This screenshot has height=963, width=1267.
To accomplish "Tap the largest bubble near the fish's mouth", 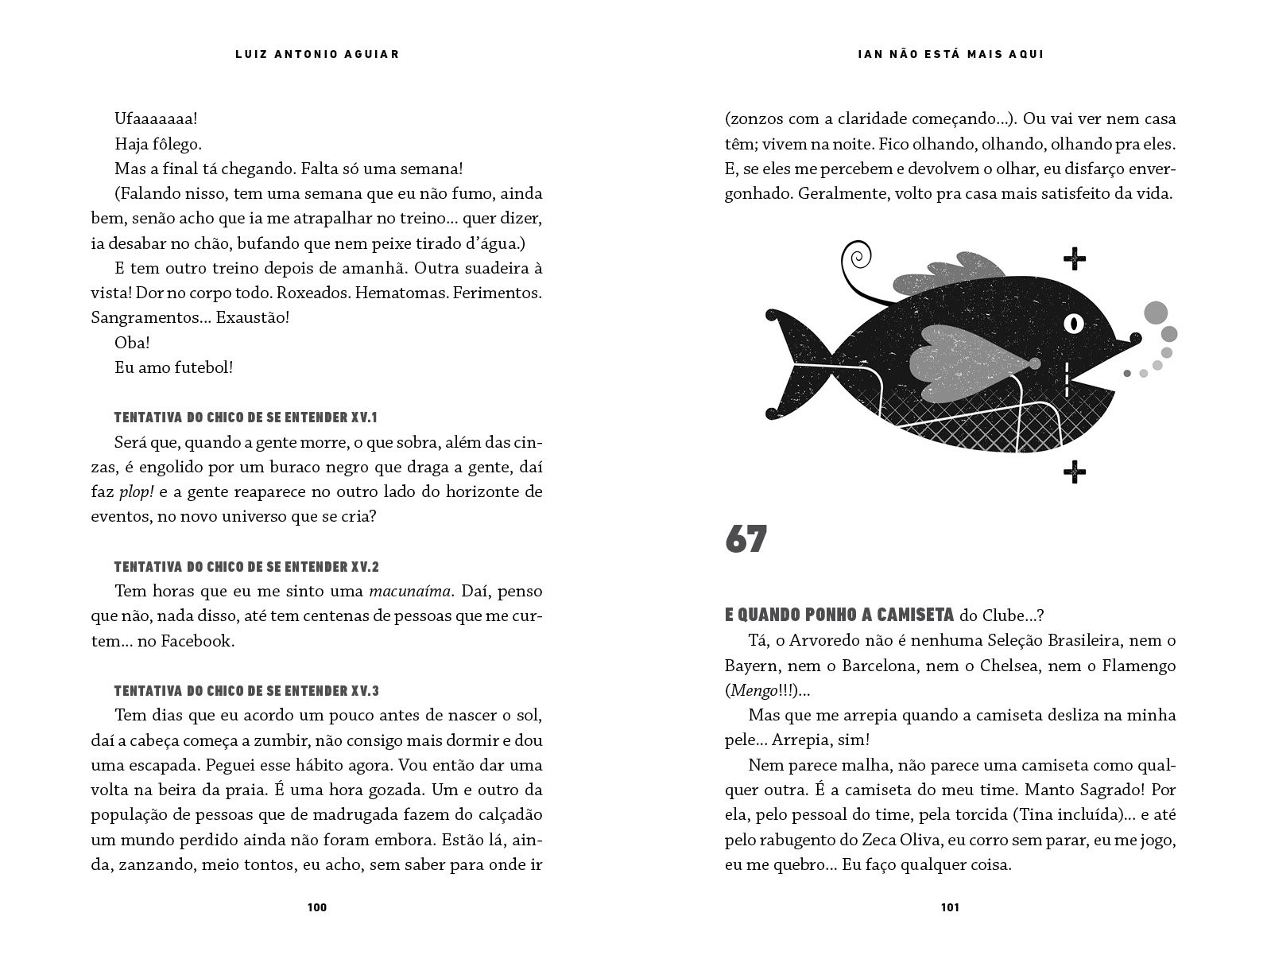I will [x=1156, y=313].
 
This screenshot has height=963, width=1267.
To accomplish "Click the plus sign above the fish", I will [x=1074, y=258].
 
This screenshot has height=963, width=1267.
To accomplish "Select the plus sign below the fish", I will [x=1074, y=472].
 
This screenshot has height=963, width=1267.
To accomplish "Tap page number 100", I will [x=316, y=907].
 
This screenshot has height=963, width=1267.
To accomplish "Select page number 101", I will [x=950, y=907].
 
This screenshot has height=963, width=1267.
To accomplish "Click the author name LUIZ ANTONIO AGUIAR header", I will [x=316, y=54].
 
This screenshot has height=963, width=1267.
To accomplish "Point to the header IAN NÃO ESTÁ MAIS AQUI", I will [x=951, y=54].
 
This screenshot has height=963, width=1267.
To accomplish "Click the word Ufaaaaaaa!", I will [x=156, y=119].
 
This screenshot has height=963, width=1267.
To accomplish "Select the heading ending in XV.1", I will [x=246, y=417].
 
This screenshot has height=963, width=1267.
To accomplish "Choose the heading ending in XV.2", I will [x=246, y=567].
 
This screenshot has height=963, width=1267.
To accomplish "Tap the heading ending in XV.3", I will [x=246, y=691].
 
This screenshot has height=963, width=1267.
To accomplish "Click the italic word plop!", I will [x=137, y=491].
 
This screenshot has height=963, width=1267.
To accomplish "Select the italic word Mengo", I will [x=753, y=690].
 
